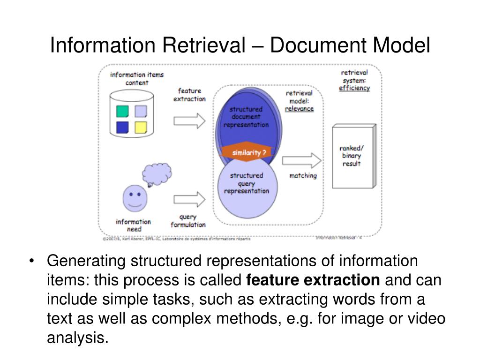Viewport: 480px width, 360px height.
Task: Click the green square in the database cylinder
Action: pyautogui.click(x=122, y=111)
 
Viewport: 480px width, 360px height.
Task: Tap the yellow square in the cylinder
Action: pyautogui.click(x=141, y=127)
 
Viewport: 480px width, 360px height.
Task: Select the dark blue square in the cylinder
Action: pyautogui.click(x=122, y=127)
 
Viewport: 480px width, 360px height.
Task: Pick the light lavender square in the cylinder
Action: pyautogui.click(x=141, y=111)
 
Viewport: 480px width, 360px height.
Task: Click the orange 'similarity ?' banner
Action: pyautogui.click(x=246, y=153)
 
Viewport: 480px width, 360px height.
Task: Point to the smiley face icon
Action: pyautogui.click(x=134, y=198)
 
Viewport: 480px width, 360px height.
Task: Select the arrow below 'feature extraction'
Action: pyautogui.click(x=189, y=121)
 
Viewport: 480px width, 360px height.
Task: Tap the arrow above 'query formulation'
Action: pyautogui.click(x=189, y=199)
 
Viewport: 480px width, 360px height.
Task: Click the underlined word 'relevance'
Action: pyautogui.click(x=300, y=109)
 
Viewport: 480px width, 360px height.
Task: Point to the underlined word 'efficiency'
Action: pyautogui.click(x=354, y=88)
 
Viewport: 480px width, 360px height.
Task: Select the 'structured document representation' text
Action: pyautogui.click(x=246, y=117)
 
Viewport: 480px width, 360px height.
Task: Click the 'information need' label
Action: pyautogui.click(x=134, y=225)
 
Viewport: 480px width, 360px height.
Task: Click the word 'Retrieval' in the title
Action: pyautogui.click(x=204, y=46)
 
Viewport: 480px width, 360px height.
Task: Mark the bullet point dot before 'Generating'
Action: pyautogui.click(x=32, y=261)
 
